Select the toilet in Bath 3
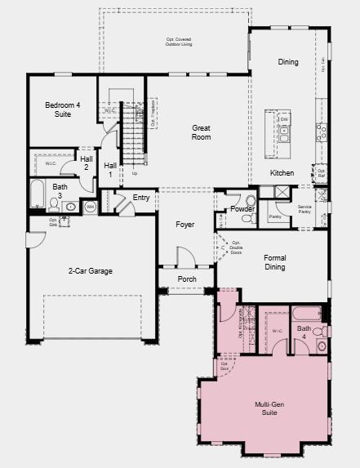[x=54, y=206]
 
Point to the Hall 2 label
[x=86, y=163]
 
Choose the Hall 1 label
[x=110, y=169]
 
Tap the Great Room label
[x=201, y=132]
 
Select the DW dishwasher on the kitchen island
[x=284, y=119]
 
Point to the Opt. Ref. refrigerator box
[x=322, y=173]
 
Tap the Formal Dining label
[x=274, y=261]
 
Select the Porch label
[x=187, y=279]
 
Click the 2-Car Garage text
[x=90, y=270]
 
